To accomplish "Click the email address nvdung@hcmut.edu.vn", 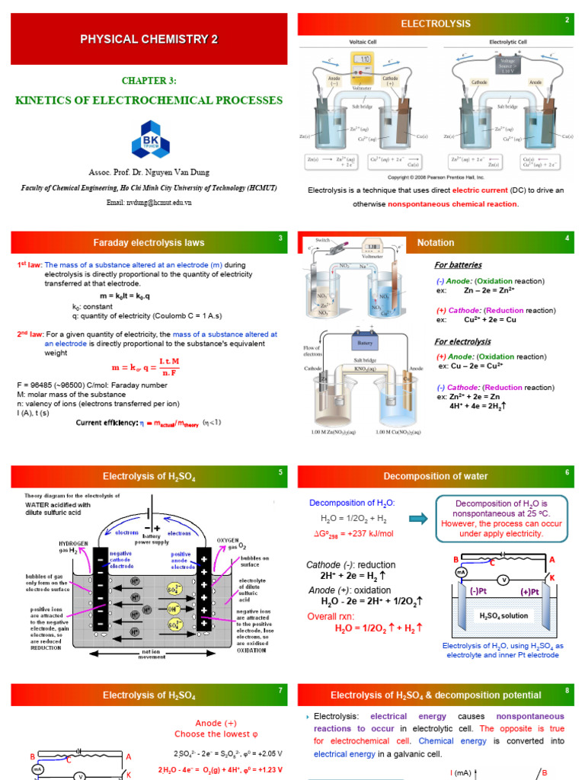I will click(149, 202).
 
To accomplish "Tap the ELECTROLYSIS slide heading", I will click(436, 24).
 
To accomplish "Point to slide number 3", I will click(280, 238).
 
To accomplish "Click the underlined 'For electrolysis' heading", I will click(462, 341).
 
